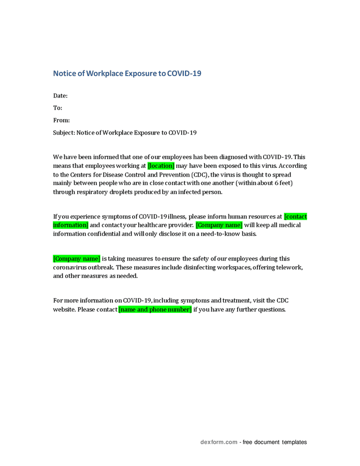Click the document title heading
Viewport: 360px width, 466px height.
[x=127, y=74]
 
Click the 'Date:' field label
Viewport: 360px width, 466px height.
[x=61, y=96]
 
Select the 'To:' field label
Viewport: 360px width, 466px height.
[x=57, y=108]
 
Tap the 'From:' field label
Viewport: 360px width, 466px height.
[x=62, y=120]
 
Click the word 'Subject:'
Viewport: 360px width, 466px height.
[x=64, y=133]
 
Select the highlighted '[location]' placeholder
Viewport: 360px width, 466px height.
[x=161, y=166]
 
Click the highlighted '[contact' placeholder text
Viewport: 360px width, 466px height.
[x=296, y=216]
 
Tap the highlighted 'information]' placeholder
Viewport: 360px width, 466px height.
[x=71, y=225]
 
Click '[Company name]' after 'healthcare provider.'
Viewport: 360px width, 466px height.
[x=219, y=225]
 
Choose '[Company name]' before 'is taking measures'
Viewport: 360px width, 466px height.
[x=77, y=259]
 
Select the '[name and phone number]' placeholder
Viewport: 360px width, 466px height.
[x=155, y=310]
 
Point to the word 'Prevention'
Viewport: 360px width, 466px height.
[x=178, y=174]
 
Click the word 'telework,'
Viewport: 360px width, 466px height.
[x=288, y=267]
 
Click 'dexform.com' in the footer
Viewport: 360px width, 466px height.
[x=219, y=442]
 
